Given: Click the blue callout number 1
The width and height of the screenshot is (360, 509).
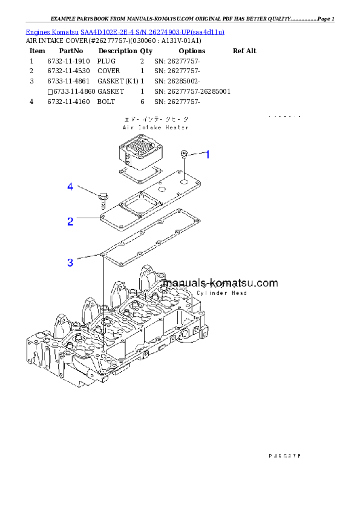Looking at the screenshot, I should [207, 155].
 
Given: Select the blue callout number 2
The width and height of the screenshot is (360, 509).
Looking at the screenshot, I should [70, 221].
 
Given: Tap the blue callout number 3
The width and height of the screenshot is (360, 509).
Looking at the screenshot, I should [70, 262].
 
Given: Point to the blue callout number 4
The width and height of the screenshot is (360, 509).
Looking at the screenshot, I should [70, 187].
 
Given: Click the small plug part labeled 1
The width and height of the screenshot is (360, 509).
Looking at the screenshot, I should [185, 155].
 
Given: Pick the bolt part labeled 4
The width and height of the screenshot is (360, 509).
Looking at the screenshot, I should [103, 198].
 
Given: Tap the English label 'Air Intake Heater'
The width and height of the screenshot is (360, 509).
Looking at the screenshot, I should [155, 128].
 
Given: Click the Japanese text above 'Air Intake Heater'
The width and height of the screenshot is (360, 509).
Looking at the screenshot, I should [155, 120].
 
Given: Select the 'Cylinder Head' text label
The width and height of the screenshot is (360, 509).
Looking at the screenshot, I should [222, 293].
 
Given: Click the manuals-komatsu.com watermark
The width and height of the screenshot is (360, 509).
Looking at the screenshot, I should [221, 283].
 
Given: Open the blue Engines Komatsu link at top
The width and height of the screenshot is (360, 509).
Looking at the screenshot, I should [125, 31].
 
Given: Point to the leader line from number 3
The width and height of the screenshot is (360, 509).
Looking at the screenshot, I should [88, 258].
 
